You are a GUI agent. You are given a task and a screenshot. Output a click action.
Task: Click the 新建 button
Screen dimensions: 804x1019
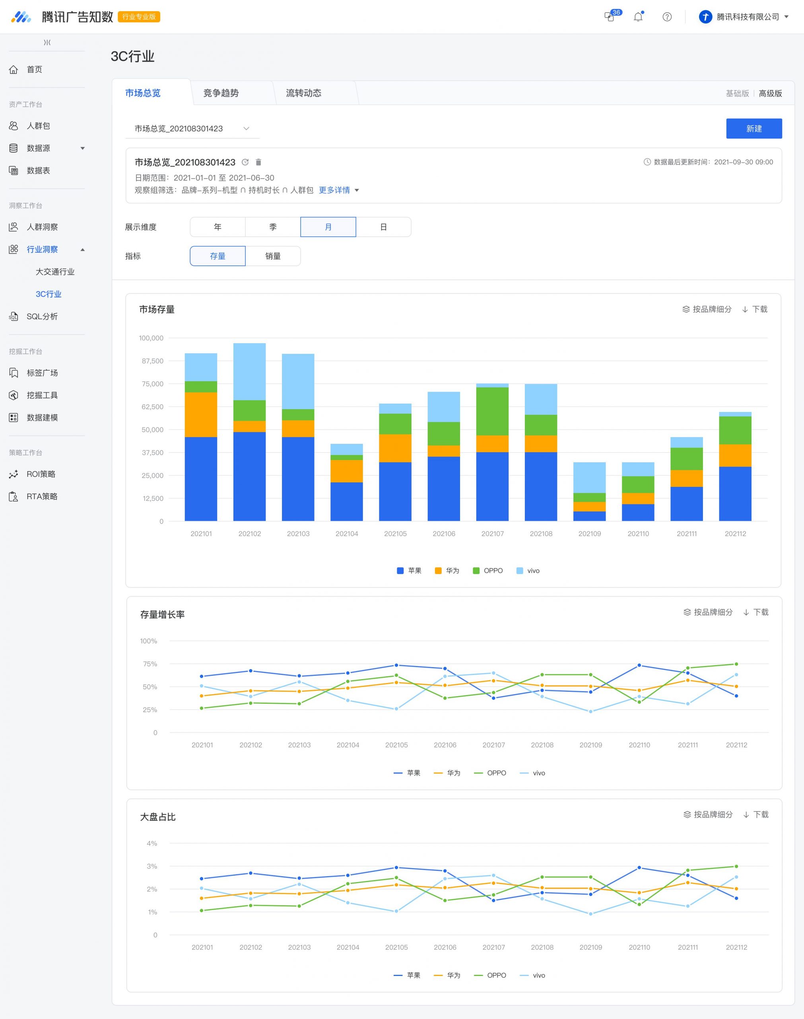[754, 129]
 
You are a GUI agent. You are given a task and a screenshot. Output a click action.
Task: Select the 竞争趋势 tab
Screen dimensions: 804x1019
[221, 93]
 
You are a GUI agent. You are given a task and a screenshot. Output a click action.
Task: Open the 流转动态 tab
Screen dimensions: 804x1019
[304, 93]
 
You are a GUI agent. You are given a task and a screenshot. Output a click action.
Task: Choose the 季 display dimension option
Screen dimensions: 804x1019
[272, 227]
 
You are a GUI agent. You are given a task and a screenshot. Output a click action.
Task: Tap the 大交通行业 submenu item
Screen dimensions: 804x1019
[55, 272]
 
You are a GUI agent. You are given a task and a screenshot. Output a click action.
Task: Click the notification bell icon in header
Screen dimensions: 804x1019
[638, 17]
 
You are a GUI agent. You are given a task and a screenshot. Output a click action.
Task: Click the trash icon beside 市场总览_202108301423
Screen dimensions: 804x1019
[258, 162]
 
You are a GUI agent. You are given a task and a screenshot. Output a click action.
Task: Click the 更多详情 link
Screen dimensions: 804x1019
[334, 190]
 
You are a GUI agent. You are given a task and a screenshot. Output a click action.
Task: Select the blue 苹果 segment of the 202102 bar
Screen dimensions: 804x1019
[249, 476]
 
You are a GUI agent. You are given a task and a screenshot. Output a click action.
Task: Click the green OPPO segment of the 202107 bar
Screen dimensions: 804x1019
[492, 411]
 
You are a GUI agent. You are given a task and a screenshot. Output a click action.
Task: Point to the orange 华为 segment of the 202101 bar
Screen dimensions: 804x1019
[201, 415]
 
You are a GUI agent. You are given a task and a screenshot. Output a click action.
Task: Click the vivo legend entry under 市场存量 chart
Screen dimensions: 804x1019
[528, 570]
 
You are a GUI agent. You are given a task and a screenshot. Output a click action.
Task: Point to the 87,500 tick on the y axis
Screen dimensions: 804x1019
[153, 361]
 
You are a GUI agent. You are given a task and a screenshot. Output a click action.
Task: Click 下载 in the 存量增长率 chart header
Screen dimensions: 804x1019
[756, 612]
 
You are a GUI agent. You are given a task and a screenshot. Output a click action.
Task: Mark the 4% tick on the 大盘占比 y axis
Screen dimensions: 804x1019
[152, 843]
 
